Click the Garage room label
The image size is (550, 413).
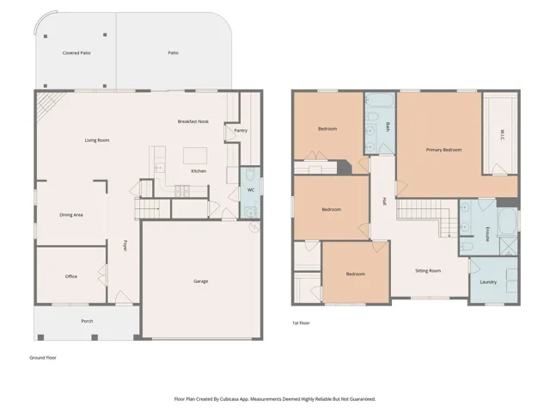click(200, 281)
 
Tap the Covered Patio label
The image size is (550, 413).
click(76, 53)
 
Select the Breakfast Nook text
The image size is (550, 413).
click(192, 121)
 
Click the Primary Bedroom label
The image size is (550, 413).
click(443, 150)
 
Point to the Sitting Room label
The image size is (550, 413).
click(428, 271)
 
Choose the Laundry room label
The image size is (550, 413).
click(488, 282)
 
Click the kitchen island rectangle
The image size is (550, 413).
click(195, 156)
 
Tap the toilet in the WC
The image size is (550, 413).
click(250, 174)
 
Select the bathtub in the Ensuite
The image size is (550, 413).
click(507, 221)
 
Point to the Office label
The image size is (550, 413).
click(71, 276)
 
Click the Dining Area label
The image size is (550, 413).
click(71, 215)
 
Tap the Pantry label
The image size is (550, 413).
click(241, 131)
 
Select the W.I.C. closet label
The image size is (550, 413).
click(502, 136)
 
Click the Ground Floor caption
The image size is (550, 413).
click(43, 358)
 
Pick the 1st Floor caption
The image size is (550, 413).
click(302, 324)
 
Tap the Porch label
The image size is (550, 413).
click(87, 321)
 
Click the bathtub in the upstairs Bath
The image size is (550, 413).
click(380, 100)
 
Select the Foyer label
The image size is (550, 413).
click(125, 245)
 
